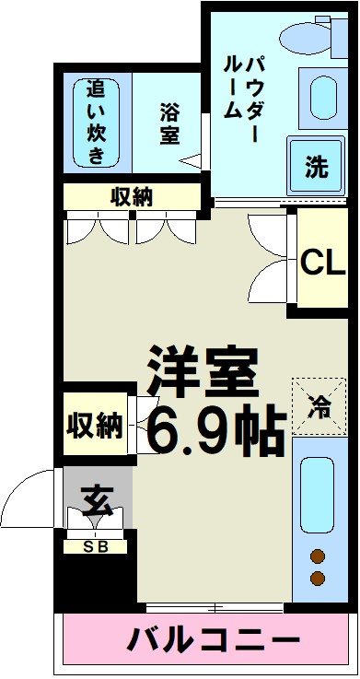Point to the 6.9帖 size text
214,429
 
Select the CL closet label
321,263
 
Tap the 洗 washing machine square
316,168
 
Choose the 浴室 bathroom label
168,123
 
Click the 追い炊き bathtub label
97,123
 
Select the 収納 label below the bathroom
132,196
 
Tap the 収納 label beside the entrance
94,425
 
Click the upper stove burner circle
318,556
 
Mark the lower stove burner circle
318,579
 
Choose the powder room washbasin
320,96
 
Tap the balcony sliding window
214,607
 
